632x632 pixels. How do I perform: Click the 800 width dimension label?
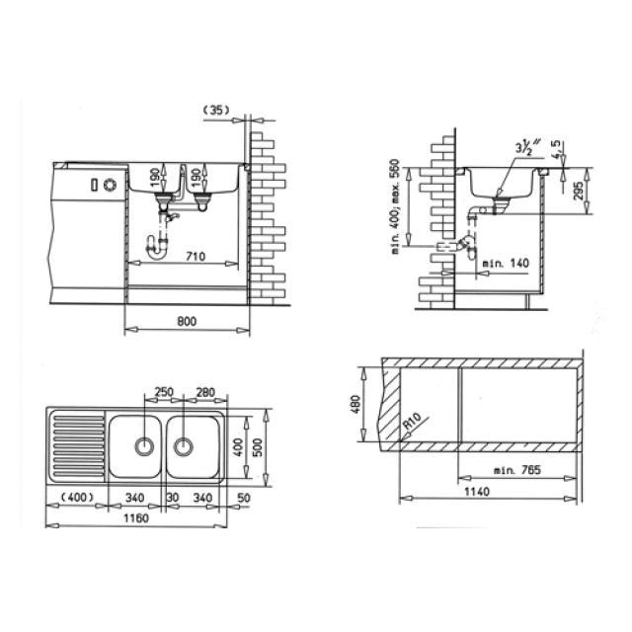[x=188, y=320]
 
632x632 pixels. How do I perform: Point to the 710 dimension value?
[x=196, y=257]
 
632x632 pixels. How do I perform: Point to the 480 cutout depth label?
[x=356, y=405]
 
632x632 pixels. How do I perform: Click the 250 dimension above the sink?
[x=164, y=393]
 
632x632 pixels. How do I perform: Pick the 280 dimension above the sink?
[x=204, y=393]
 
